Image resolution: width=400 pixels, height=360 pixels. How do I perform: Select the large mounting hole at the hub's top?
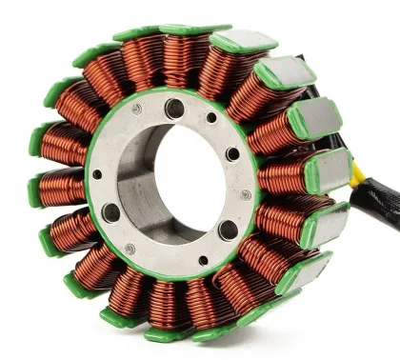[174, 109]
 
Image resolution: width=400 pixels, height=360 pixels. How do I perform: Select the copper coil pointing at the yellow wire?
[287, 176]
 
